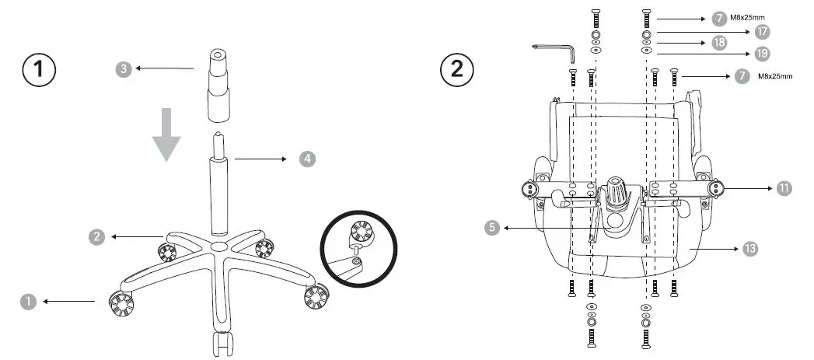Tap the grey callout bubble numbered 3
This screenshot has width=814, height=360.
[x=124, y=69]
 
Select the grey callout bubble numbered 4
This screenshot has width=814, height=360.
[x=309, y=159]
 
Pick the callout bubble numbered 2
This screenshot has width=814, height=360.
[x=97, y=237]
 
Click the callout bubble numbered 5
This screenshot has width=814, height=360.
[x=491, y=228]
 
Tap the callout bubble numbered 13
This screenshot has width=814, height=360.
[x=750, y=248]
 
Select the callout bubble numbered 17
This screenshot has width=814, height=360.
[x=762, y=31]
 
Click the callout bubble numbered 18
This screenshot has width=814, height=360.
[x=719, y=43]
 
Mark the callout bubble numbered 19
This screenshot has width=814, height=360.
[x=762, y=54]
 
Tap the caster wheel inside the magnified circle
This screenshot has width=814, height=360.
[x=362, y=232]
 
